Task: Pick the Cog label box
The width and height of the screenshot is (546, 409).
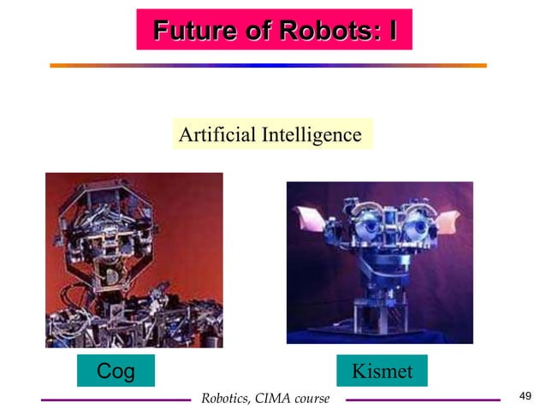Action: pyautogui.click(x=116, y=371)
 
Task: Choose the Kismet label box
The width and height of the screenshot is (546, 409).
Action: pyautogui.click(x=382, y=371)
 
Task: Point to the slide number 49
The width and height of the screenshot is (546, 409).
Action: pyautogui.click(x=525, y=394)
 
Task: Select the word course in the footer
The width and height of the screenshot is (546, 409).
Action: pyautogui.click(x=312, y=399)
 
